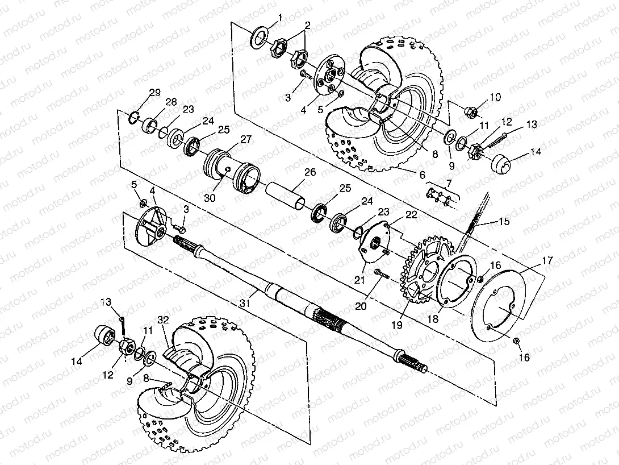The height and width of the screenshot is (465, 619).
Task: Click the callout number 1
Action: [281, 18]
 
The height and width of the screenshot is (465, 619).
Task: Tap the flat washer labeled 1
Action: [259, 36]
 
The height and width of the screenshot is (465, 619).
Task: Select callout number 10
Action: [495, 97]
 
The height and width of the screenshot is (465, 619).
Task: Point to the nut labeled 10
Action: [471, 112]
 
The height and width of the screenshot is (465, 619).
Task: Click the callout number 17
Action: [547, 261]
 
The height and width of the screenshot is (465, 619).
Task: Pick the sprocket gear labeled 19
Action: [423, 276]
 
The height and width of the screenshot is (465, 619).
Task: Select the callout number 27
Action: [246, 139]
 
